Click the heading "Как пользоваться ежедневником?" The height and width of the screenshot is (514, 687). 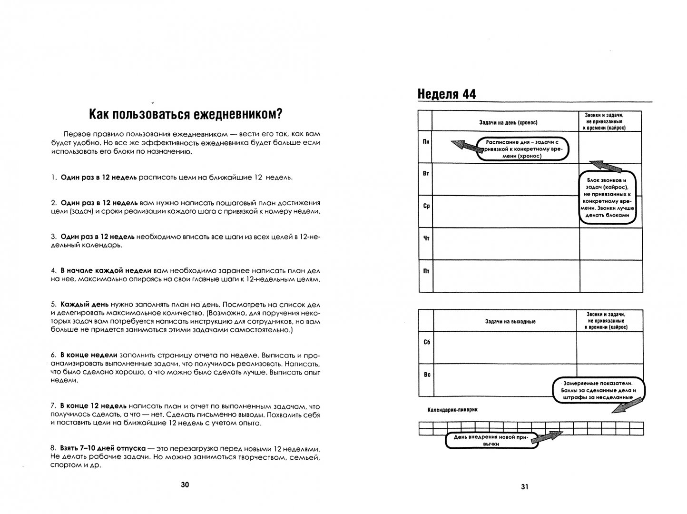point(186,114)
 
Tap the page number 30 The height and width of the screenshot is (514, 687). point(185,485)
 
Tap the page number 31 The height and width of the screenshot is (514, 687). point(525,486)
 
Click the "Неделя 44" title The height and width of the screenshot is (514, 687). point(447,94)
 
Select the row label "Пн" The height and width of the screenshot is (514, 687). point(425,142)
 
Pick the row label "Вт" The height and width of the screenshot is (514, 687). point(425,174)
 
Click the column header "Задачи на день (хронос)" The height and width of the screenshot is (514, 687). point(508,122)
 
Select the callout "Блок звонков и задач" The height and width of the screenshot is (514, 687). point(608,198)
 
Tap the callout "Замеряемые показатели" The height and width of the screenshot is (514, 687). point(598,390)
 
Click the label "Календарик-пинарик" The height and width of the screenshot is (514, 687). point(451,410)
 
